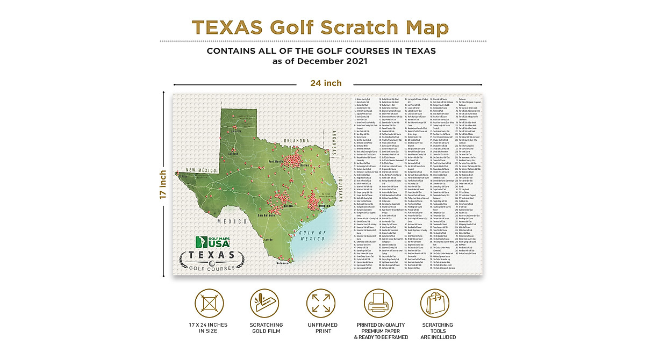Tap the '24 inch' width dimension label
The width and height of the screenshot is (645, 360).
click(x=325, y=83)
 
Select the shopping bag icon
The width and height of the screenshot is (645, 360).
click(x=437, y=307)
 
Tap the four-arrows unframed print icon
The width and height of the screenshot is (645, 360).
click(x=321, y=304)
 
